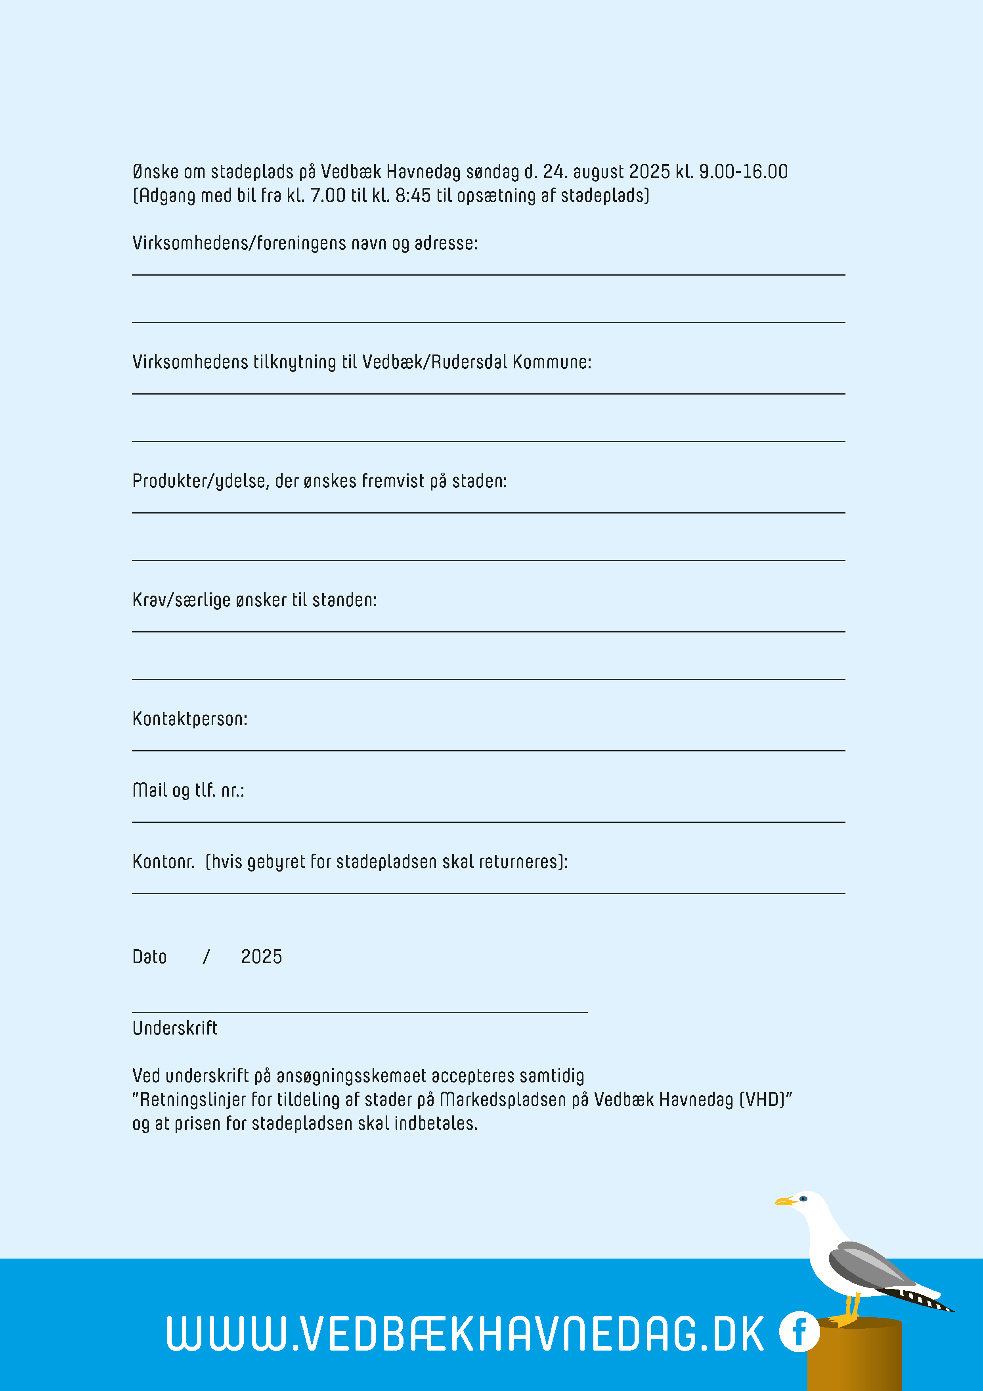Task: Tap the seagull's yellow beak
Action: (x=784, y=1201)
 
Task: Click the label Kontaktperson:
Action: (x=189, y=719)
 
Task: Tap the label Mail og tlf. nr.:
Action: (x=188, y=791)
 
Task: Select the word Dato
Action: (x=149, y=957)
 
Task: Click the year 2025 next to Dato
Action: (x=261, y=957)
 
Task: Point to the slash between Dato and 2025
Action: (x=206, y=957)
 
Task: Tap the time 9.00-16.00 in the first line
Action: (x=743, y=172)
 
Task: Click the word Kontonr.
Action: (x=164, y=862)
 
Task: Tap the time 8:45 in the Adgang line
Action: (x=413, y=196)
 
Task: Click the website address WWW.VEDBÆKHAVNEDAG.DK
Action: (x=465, y=1334)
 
